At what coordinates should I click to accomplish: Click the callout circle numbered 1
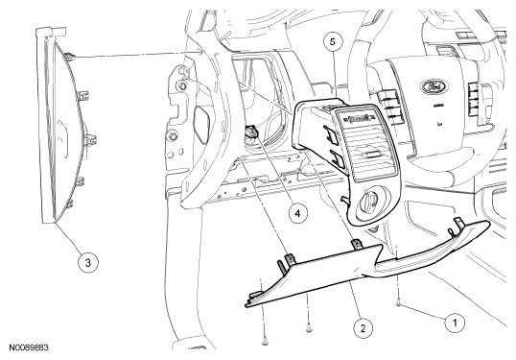click(x=455, y=323)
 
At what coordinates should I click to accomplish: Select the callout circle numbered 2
click(x=363, y=328)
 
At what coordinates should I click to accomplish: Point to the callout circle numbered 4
click(x=297, y=213)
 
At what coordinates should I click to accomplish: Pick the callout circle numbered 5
click(x=333, y=42)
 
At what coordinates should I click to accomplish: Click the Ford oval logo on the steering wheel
click(x=434, y=86)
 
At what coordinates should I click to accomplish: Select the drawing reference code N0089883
click(x=29, y=348)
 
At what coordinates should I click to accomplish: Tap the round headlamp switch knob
click(x=370, y=204)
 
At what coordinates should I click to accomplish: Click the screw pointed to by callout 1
click(x=398, y=303)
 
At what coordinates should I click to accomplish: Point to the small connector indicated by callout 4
click(x=251, y=132)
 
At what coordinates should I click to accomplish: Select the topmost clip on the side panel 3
click(x=70, y=57)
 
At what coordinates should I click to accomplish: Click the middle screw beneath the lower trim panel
click(x=309, y=327)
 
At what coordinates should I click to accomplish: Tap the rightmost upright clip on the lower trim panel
click(x=458, y=224)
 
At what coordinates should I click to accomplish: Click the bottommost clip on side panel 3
click(x=69, y=204)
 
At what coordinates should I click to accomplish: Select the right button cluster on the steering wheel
click(x=475, y=99)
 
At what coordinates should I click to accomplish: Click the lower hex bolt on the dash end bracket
click(x=171, y=135)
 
